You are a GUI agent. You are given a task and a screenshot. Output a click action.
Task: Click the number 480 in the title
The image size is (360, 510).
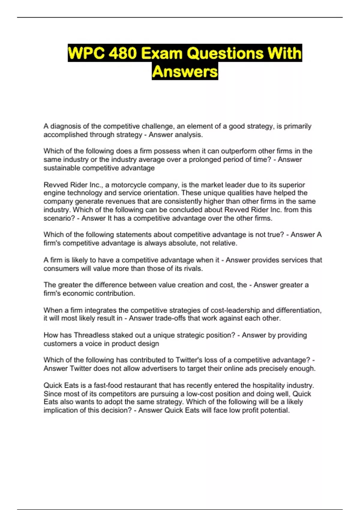pos(122,53)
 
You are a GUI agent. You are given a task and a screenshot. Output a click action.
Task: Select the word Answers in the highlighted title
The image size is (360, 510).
pos(185,72)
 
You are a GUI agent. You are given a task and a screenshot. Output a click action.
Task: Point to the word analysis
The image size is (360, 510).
pos(189,135)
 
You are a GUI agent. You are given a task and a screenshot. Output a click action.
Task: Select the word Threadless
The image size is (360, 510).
pos(92,335)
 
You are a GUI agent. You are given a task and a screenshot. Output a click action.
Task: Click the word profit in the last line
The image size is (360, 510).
pos(250,410)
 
